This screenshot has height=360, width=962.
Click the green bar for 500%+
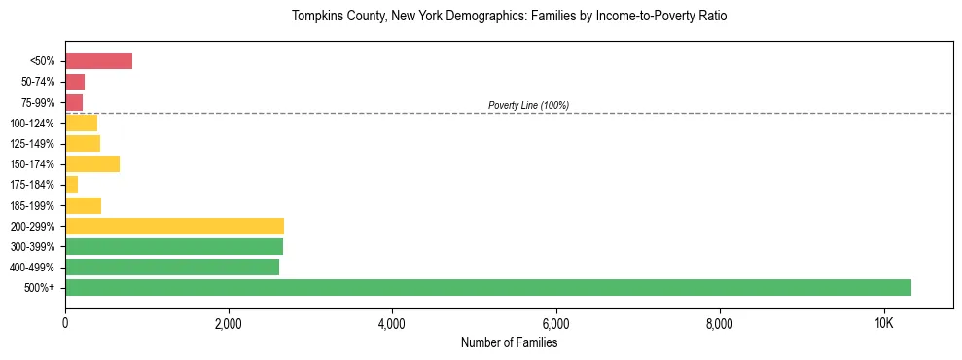click(487, 288)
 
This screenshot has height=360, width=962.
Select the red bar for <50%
click(98, 61)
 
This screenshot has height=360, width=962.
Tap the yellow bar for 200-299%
click(174, 226)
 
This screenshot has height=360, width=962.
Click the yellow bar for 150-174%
click(92, 164)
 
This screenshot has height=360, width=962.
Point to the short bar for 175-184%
click(71, 185)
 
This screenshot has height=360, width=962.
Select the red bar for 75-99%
click(74, 102)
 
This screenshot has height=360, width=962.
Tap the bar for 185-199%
click(83, 205)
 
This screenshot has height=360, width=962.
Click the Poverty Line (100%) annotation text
click(528, 105)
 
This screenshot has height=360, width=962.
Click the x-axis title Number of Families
click(509, 342)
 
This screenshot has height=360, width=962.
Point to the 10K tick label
click(883, 323)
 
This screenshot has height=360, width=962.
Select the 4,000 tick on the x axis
click(392, 323)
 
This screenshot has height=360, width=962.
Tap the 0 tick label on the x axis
click(65, 323)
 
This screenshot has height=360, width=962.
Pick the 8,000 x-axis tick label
click(719, 323)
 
